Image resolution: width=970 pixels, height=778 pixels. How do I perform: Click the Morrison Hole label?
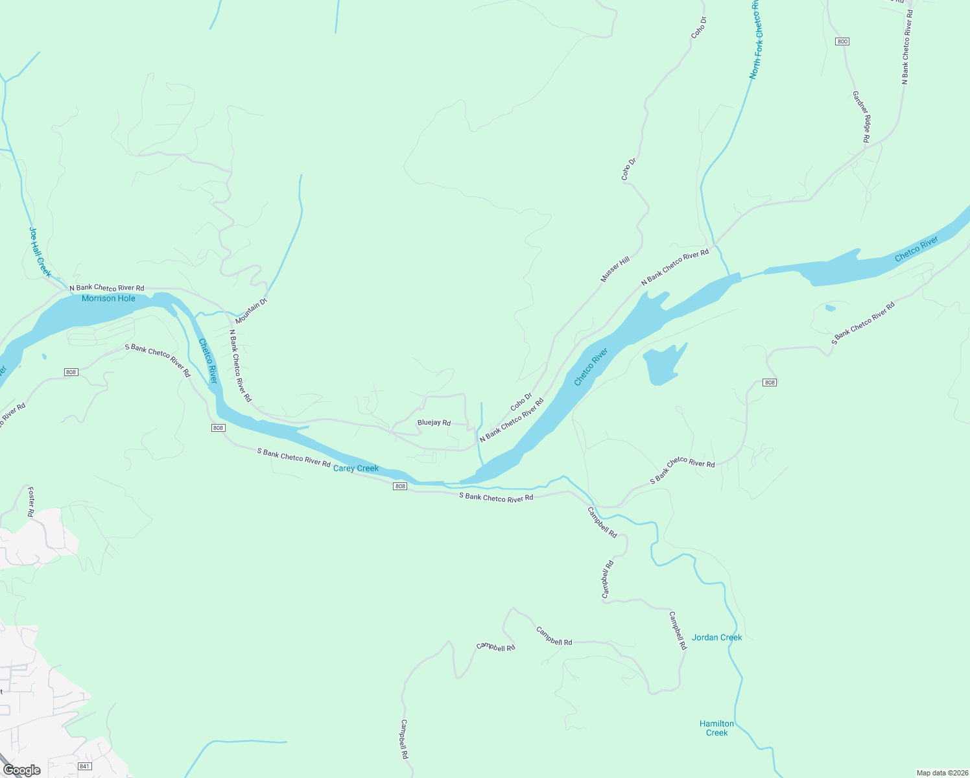click(108, 298)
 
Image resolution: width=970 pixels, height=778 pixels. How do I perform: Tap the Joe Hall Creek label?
click(40, 252)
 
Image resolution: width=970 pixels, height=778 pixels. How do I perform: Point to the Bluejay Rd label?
click(434, 423)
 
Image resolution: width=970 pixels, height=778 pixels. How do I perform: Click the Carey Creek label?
click(355, 468)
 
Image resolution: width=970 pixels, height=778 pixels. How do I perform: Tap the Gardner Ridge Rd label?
click(860, 117)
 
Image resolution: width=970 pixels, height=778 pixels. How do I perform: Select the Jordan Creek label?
click(716, 637)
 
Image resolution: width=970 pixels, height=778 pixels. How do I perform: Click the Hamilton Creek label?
click(716, 728)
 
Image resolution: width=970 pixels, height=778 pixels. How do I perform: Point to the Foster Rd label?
click(30, 502)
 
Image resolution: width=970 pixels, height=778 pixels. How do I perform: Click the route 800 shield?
click(842, 41)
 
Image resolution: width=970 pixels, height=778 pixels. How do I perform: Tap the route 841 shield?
click(84, 766)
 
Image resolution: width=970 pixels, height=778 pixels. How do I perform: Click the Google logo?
click(22, 770)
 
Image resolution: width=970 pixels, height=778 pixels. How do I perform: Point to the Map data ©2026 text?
click(941, 773)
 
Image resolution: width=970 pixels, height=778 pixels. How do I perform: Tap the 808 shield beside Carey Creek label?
click(400, 486)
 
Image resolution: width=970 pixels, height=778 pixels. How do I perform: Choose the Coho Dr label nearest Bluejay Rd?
click(521, 401)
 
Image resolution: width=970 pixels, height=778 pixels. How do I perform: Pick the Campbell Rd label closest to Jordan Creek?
click(678, 630)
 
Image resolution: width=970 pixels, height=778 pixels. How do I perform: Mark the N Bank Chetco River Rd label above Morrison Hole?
click(106, 287)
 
